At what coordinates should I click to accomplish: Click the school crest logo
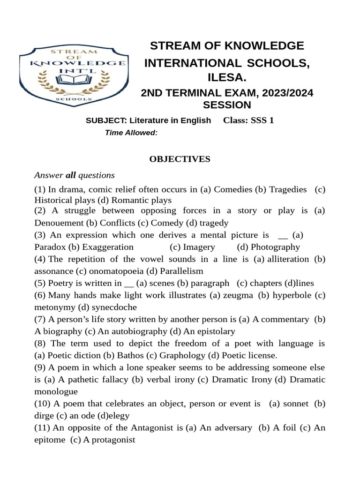tap(73, 75)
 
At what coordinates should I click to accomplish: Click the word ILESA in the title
tap(226, 77)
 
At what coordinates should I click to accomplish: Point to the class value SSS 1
tap(262, 120)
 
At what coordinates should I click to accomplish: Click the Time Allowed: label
tap(131, 133)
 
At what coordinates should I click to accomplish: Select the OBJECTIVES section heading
tap(180, 159)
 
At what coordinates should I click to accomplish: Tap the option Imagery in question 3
tap(199, 247)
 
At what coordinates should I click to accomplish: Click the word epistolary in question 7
tap(213, 331)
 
